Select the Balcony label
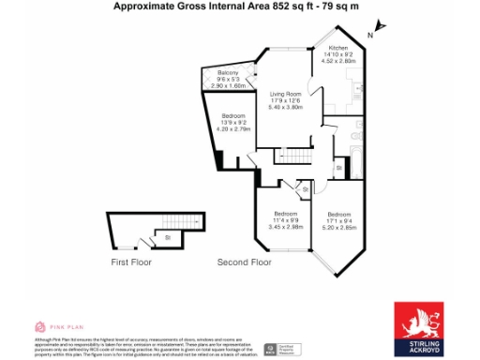(x=228, y=72)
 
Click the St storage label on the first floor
(x=166, y=237)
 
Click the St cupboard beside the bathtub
(x=337, y=168)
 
